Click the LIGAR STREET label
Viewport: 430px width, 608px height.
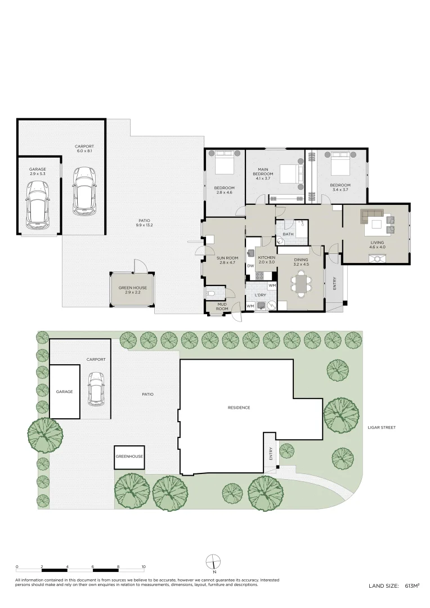382,428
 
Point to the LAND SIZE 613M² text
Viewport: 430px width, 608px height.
394,597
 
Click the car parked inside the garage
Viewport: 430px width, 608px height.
38,204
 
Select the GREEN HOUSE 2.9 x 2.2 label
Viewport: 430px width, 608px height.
133,290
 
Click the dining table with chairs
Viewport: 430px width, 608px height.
301,283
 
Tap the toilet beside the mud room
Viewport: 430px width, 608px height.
211,293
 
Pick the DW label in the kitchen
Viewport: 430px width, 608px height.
250,266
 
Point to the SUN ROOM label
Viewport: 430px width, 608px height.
227,258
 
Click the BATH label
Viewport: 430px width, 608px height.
288,234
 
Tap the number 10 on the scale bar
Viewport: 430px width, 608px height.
144,567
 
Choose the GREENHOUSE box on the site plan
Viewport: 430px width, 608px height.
129,457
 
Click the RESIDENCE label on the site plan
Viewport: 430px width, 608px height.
239,408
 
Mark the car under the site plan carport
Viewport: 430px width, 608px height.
96,389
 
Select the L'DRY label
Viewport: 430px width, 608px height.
260,296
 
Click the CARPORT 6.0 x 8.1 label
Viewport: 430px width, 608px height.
84,149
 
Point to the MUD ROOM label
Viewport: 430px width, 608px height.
222,306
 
